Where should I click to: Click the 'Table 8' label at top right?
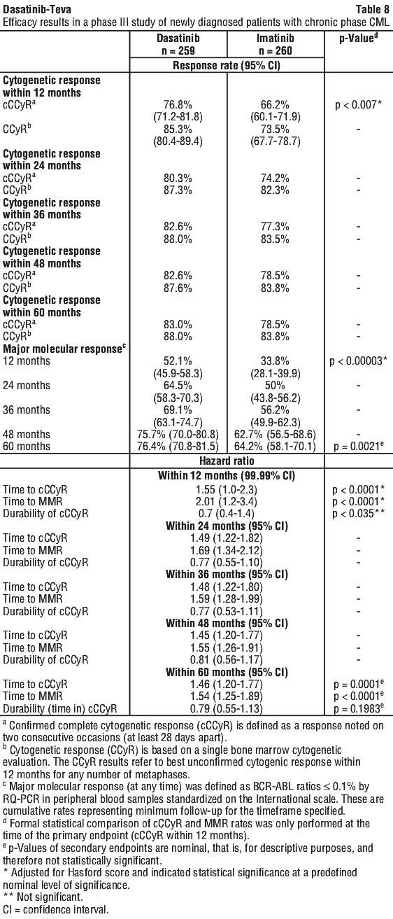click(373, 9)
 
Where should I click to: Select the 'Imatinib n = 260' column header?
click(275, 44)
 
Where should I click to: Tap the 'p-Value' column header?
click(358, 38)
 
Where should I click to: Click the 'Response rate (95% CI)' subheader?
click(227, 65)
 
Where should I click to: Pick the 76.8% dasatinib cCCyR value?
click(178, 104)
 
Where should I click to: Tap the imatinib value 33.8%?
click(275, 361)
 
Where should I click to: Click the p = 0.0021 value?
click(359, 447)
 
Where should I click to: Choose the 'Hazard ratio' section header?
click(227, 461)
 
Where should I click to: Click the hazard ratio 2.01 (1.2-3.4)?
click(227, 501)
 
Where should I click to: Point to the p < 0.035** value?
click(359, 514)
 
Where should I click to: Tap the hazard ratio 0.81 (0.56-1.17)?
click(227, 660)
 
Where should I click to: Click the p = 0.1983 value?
click(359, 708)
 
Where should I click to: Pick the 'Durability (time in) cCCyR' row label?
click(60, 708)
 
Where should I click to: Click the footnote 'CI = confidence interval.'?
click(56, 910)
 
